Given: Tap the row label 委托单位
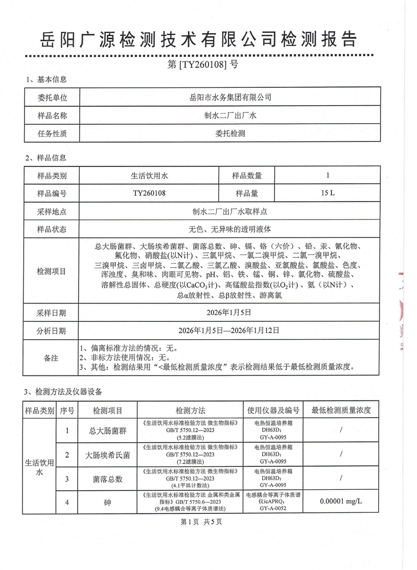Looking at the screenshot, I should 52,97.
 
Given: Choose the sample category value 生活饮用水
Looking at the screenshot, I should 149,176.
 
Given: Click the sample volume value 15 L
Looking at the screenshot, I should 328,194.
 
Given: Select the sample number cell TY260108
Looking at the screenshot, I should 149,194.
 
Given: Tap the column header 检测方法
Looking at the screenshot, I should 190,410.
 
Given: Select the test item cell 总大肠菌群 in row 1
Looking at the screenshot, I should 107,431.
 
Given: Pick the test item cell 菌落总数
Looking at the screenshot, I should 107,479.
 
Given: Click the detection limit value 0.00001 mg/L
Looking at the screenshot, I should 340,502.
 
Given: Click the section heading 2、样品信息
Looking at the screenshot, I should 45,158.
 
